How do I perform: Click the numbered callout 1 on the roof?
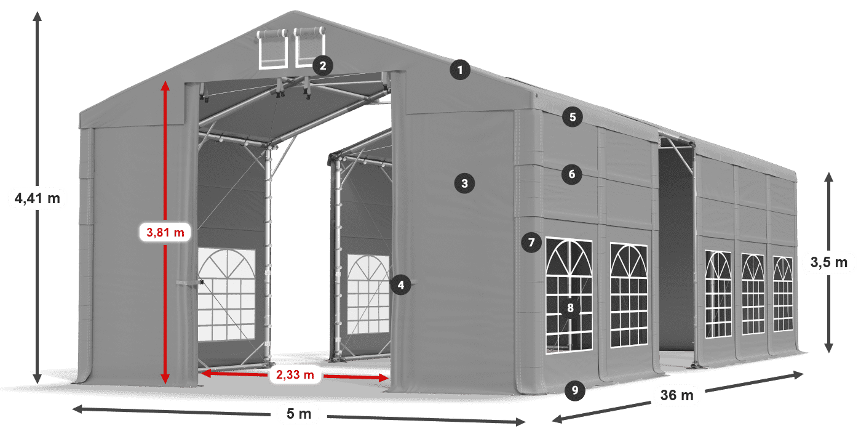[x=459, y=70]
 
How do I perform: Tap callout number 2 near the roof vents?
[x=323, y=65]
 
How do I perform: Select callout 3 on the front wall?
[x=464, y=183]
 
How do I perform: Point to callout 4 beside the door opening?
[x=401, y=284]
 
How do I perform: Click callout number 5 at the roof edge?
[x=573, y=117]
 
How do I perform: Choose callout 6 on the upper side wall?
[x=572, y=174]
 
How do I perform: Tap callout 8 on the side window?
[x=571, y=308]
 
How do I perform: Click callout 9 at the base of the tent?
[x=574, y=389]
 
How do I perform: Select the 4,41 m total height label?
[x=38, y=198]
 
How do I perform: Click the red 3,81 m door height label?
[x=165, y=233]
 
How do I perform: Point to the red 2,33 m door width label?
[x=295, y=374]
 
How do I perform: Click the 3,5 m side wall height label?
[x=829, y=263]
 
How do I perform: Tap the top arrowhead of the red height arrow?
[x=165, y=85]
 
